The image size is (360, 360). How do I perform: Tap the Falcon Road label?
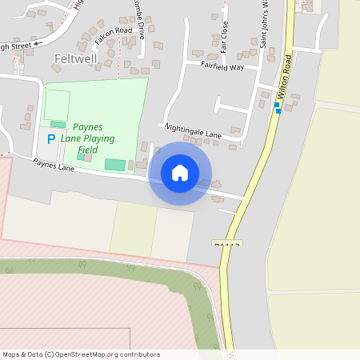point(113,36)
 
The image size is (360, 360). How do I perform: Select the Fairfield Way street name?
point(222,66)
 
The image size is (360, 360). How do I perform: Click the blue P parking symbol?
point(50,139)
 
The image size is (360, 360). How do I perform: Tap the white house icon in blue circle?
point(180,173)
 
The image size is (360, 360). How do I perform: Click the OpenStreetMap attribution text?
point(81,354)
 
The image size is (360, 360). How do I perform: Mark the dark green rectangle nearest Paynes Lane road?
point(115,165)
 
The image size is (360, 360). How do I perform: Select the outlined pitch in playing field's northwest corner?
point(56,105)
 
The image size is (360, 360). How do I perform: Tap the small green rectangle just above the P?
point(58,124)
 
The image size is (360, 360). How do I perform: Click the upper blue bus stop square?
point(277,105)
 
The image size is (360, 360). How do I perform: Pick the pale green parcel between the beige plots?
point(134,229)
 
